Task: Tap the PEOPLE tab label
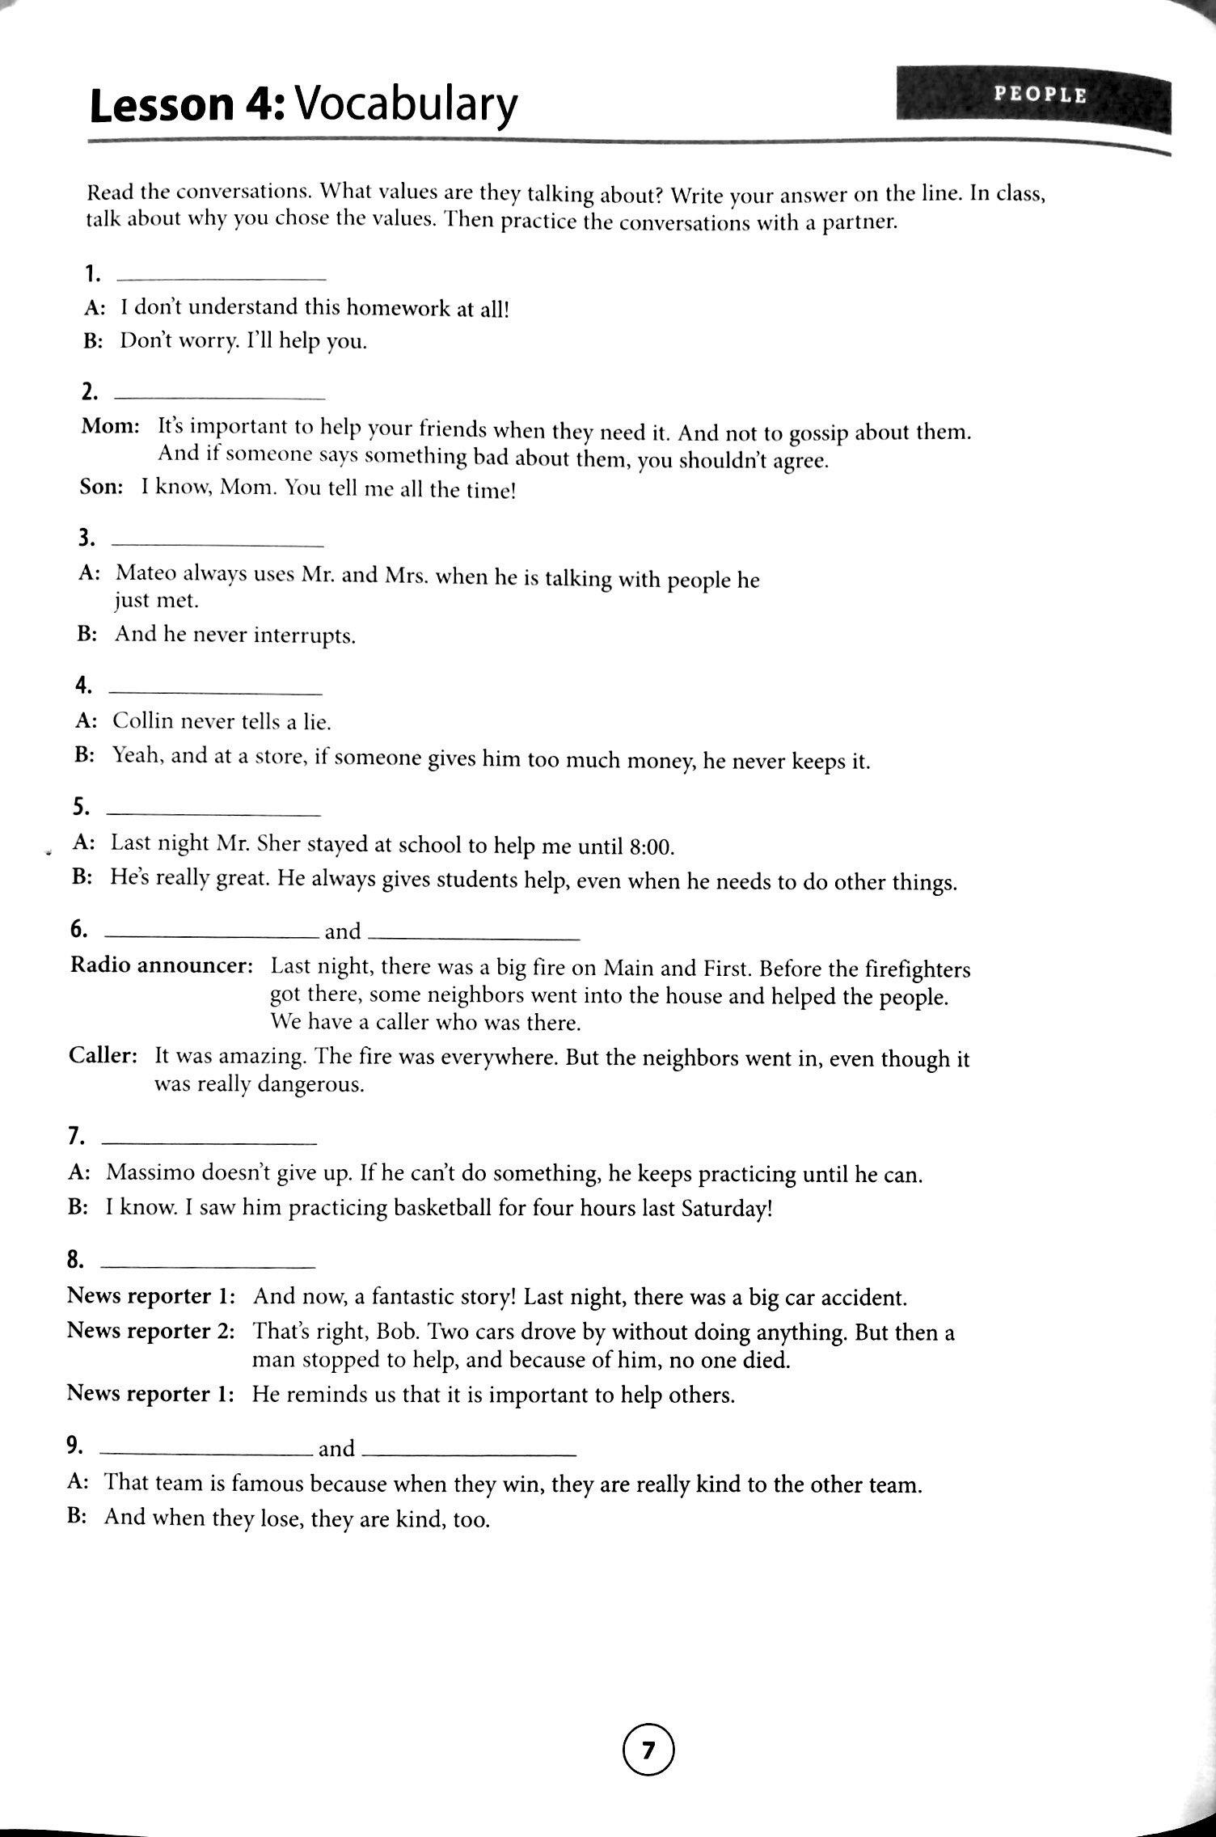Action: [x=1040, y=95]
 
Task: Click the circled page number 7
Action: [x=648, y=1750]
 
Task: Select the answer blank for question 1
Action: [x=221, y=278]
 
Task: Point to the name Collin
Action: [x=145, y=720]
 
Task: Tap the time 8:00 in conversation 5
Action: [x=650, y=847]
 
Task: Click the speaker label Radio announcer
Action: [x=161, y=965]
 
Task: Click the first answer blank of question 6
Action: [x=211, y=936]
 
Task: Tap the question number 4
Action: [x=83, y=686]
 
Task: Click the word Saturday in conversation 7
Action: [x=726, y=1210]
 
